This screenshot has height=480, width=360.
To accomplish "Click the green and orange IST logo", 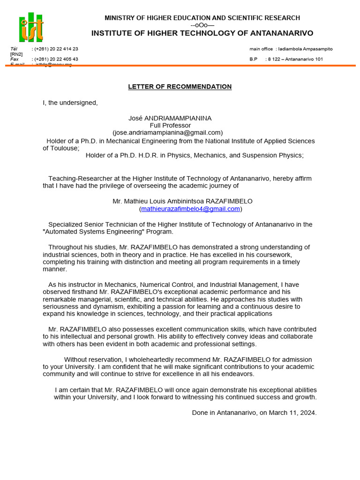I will point(31,27).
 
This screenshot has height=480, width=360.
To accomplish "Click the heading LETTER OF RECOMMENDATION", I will point(180,87).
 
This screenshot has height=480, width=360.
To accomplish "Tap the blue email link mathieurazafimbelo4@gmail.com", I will point(190,209).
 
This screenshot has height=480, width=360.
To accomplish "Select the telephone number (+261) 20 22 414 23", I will point(56,49).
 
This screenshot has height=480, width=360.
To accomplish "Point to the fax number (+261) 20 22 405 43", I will point(56,59).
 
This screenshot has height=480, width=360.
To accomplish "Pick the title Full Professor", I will point(170,126).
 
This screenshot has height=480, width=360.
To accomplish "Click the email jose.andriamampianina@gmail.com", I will point(168,133).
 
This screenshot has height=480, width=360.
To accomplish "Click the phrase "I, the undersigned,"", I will point(70,103).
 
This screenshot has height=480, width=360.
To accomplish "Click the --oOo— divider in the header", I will point(202,25).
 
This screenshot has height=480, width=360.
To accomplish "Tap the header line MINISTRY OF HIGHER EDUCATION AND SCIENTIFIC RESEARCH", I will point(202,18).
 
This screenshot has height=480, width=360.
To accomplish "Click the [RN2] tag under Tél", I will point(16,54).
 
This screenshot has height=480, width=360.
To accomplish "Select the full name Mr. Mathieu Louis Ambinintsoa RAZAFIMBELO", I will point(182,201).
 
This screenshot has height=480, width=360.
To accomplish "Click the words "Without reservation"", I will point(90,360).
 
